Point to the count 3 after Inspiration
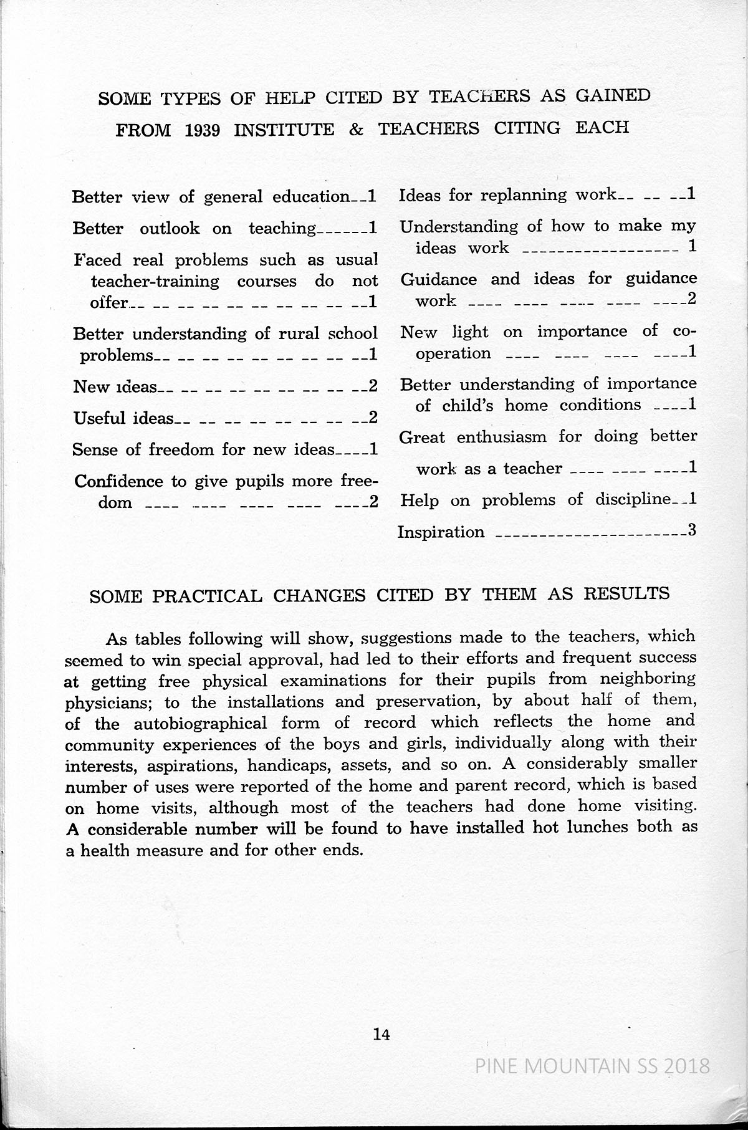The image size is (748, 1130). tap(691, 531)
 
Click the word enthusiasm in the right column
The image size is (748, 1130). tap(502, 437)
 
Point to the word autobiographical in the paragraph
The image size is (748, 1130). tap(191, 724)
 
